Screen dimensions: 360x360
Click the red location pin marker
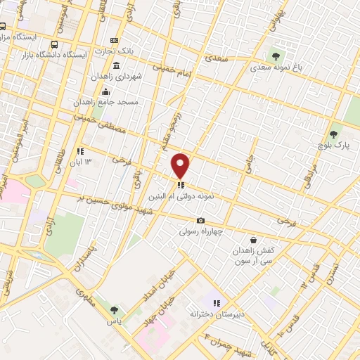(181, 165)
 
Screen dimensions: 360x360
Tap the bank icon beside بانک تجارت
(115, 40)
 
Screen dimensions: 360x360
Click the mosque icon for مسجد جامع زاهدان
(105, 91)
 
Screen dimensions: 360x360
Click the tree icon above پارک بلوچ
(333, 134)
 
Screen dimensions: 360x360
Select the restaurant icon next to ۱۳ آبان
(80, 150)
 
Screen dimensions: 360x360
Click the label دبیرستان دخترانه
(217, 315)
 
